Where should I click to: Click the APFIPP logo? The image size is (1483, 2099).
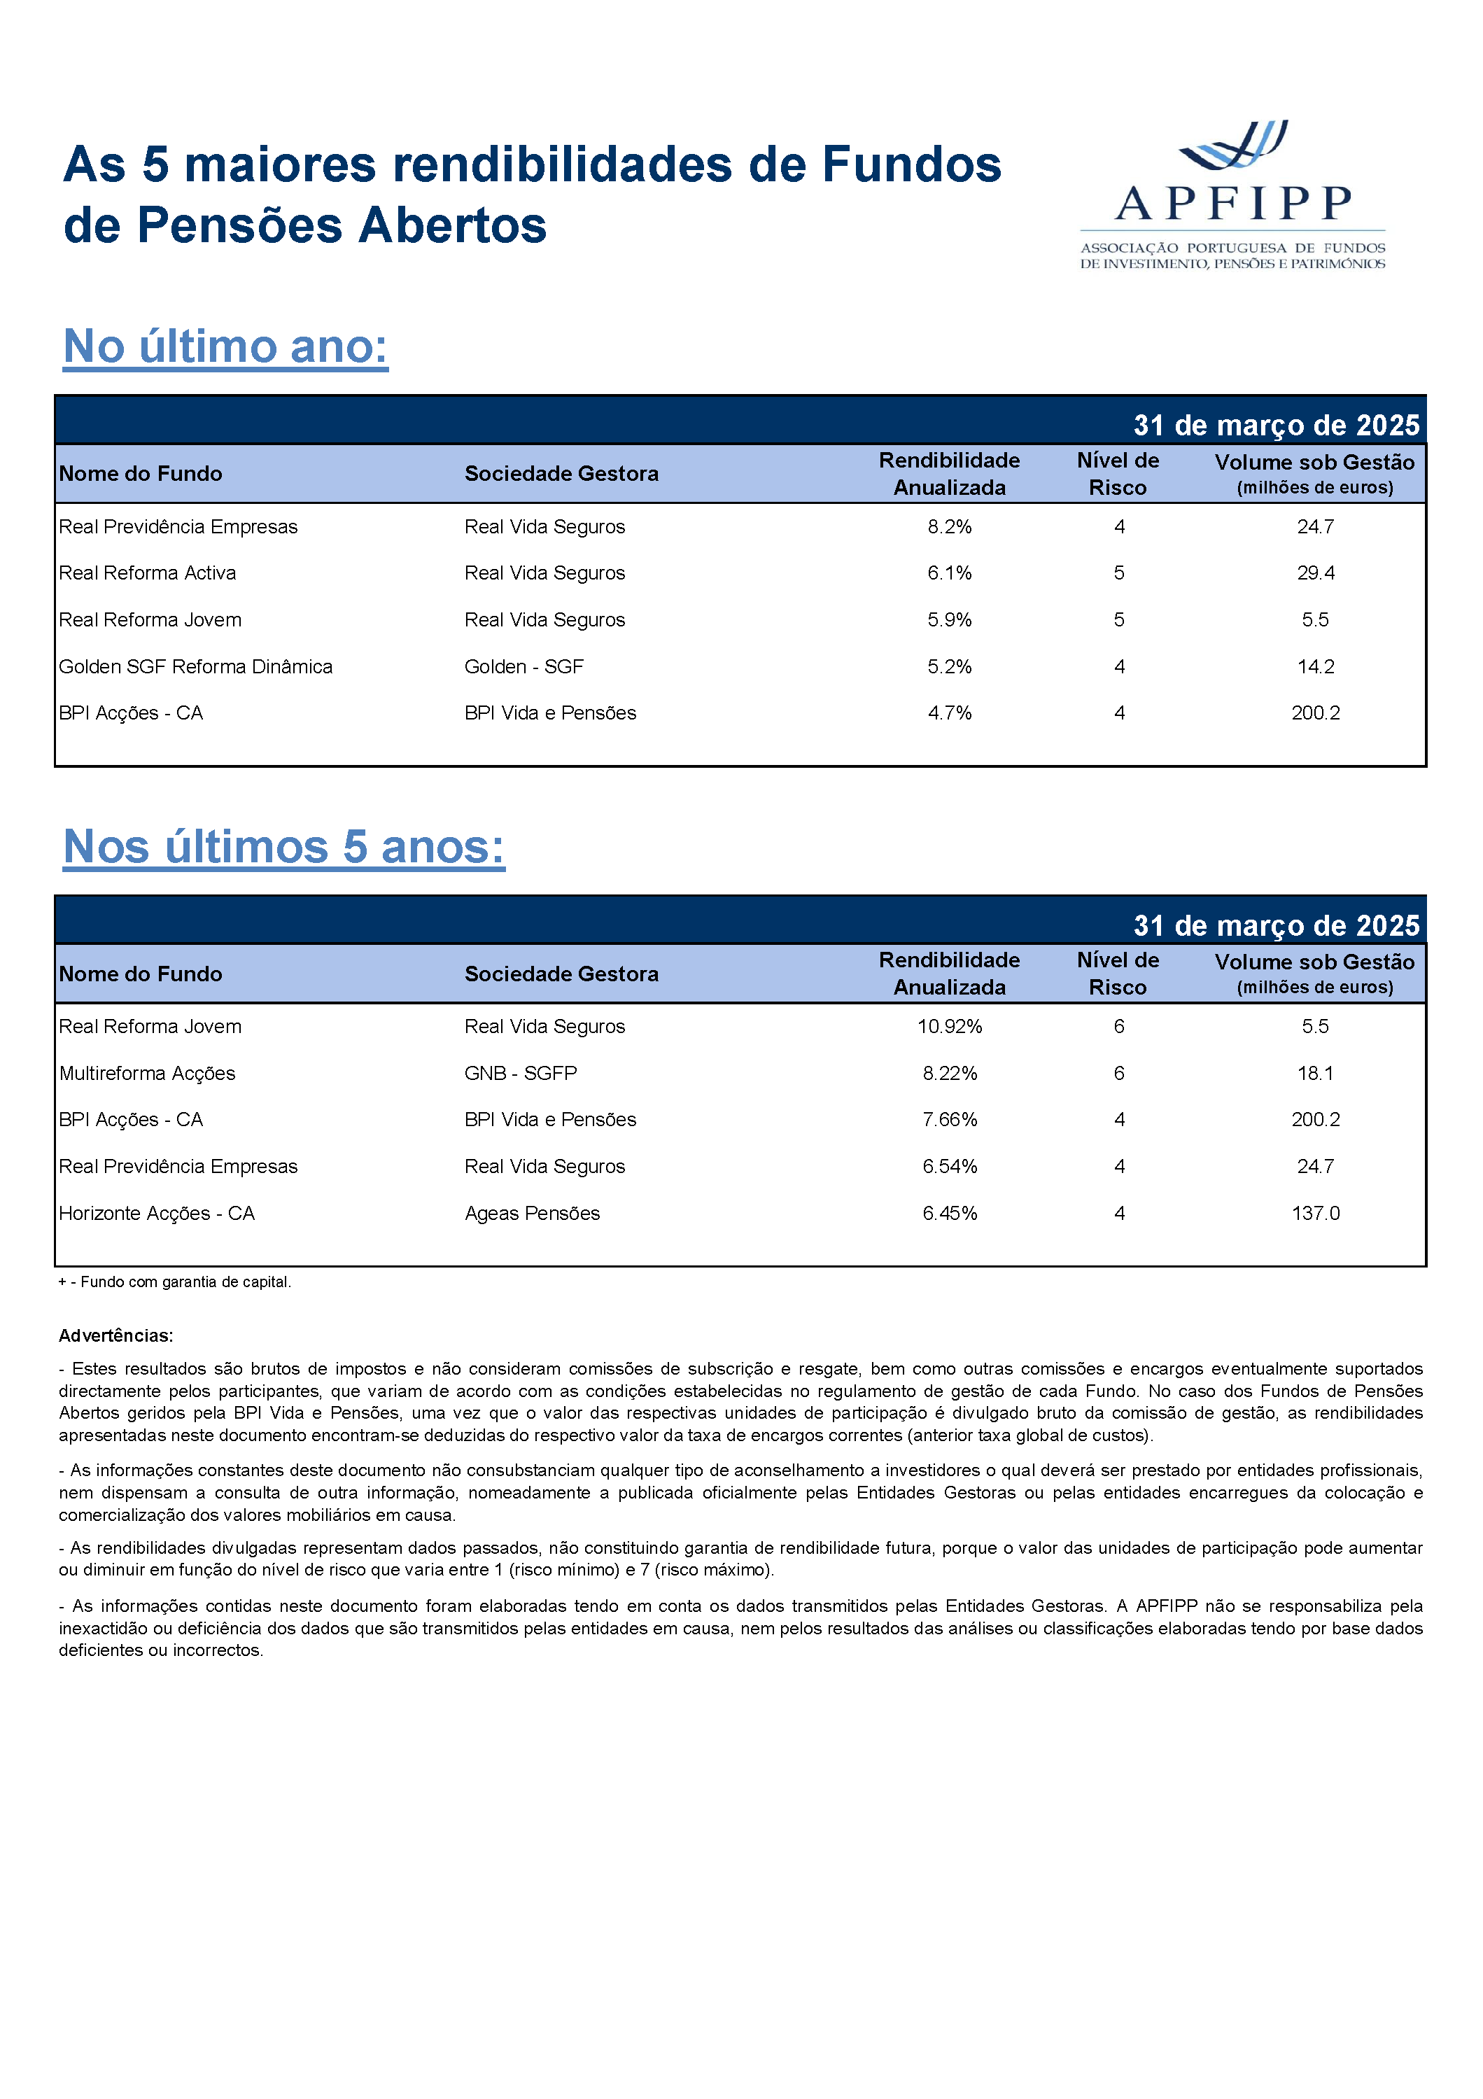pos(1232,194)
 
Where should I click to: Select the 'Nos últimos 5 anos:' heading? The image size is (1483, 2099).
pos(283,847)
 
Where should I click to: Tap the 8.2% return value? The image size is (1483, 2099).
pos(949,526)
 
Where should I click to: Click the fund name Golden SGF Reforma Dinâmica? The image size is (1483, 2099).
pos(196,666)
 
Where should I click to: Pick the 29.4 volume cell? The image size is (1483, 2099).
pos(1315,573)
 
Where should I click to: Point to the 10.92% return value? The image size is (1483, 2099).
pos(949,1027)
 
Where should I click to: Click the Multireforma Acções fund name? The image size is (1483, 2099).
pos(147,1073)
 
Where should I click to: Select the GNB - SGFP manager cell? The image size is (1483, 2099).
pos(520,1073)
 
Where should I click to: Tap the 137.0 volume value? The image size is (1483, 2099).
pos(1315,1213)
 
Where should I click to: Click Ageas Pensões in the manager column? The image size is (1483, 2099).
pos(532,1213)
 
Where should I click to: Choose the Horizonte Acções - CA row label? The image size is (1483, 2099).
pos(156,1213)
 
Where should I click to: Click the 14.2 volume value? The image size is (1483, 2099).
pos(1315,666)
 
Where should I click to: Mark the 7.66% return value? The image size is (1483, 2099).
pos(949,1120)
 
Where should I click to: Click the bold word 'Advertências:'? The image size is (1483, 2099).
pos(116,1335)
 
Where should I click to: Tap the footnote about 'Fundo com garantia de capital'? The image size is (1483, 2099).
pos(175,1282)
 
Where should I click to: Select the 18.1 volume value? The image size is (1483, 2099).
pos(1315,1073)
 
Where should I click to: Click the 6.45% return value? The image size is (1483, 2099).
pos(949,1213)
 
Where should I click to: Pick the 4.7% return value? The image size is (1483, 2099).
pos(949,713)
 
